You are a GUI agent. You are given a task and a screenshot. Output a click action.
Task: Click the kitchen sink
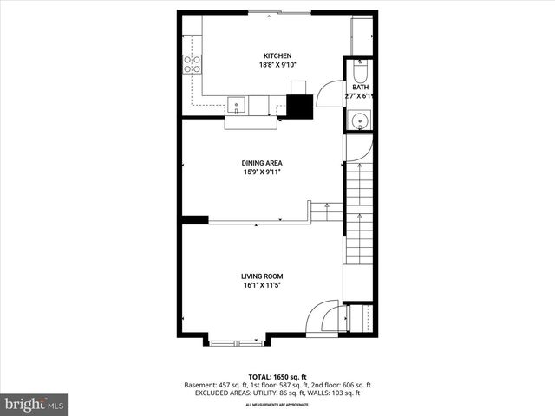tap(237, 106)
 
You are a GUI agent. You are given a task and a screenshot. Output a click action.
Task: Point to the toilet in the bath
tap(359, 70)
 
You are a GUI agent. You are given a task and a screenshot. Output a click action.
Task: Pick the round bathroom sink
tap(358, 121)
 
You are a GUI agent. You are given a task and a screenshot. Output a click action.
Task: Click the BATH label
tap(359, 88)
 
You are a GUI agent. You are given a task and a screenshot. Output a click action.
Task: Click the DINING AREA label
tap(262, 163)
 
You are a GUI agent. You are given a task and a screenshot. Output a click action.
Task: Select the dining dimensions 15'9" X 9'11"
tap(262, 172)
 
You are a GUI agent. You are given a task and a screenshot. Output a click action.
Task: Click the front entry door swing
tap(325, 316)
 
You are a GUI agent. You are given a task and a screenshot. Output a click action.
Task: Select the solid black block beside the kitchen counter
tap(299, 106)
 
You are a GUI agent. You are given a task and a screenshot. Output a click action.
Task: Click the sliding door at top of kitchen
tap(277, 12)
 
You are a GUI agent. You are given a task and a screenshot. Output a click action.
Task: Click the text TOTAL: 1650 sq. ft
tap(277, 377)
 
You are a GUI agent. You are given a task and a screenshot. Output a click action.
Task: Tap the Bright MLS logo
tap(35, 403)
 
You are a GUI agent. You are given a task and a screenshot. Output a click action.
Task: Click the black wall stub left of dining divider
tap(195, 219)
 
